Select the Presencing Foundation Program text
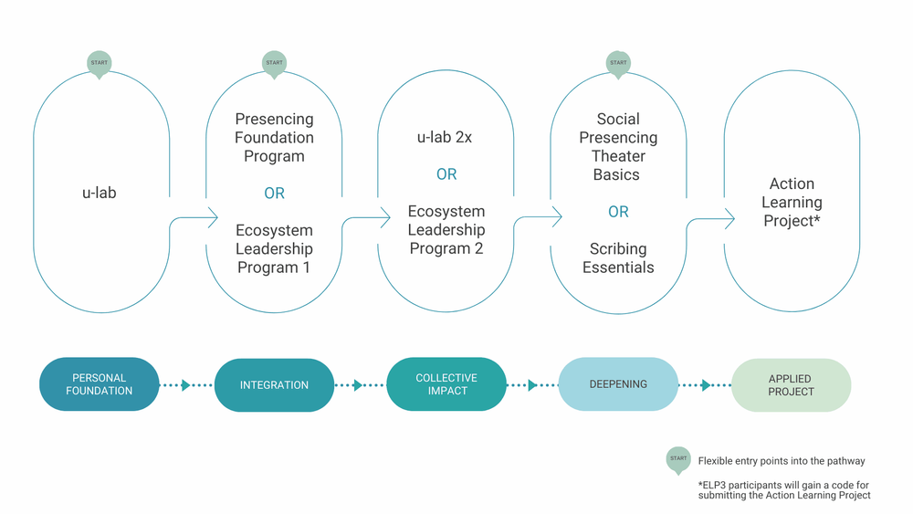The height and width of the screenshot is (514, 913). tap(274, 138)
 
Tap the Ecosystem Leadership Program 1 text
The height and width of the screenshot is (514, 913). tap(274, 248)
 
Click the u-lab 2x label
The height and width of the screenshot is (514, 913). tap(446, 137)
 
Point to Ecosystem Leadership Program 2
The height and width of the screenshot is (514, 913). tap(446, 230)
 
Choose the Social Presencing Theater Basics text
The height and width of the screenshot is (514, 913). tap(618, 146)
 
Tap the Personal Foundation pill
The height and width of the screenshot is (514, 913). tap(100, 384)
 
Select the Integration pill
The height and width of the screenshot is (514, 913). tap(274, 384)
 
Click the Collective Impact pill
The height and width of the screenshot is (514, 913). tap(446, 384)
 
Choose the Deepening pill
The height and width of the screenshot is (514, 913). tap(618, 384)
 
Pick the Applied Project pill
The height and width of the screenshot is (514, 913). tap(791, 384)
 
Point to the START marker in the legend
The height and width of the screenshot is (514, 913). tap(677, 460)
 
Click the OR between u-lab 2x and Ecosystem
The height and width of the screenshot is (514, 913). tap(446, 174)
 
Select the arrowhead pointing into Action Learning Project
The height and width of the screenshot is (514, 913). tap(729, 217)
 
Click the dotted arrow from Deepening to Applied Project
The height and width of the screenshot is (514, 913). tap(704, 385)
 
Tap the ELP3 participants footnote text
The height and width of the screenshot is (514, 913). tap(784, 489)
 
